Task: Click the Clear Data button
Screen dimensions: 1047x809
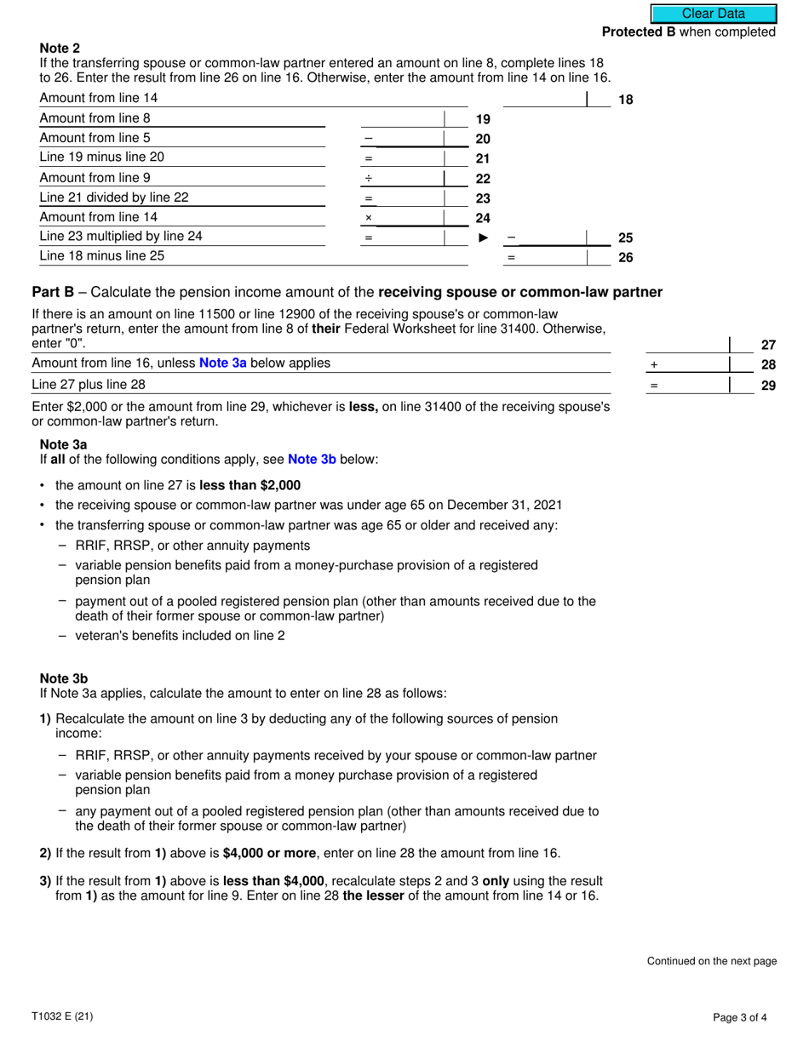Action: pyautogui.click(x=714, y=14)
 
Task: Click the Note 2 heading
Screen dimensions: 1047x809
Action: pyautogui.click(x=60, y=49)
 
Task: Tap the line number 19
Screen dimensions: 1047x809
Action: pyautogui.click(x=482, y=119)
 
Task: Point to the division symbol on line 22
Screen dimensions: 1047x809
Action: pyautogui.click(x=369, y=179)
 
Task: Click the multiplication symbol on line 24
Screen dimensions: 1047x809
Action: pyautogui.click(x=369, y=218)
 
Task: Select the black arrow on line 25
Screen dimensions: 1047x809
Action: pyautogui.click(x=484, y=238)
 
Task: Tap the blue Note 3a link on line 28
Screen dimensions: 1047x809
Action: pyautogui.click(x=222, y=363)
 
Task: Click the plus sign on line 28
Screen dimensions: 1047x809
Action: pyautogui.click(x=654, y=364)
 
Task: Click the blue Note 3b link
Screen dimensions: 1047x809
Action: pyautogui.click(x=312, y=460)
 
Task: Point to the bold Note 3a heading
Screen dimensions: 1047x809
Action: pyautogui.click(x=63, y=444)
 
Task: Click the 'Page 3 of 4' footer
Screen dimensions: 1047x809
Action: pyautogui.click(x=745, y=1016)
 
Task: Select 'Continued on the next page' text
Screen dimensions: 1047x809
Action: pyautogui.click(x=712, y=961)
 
